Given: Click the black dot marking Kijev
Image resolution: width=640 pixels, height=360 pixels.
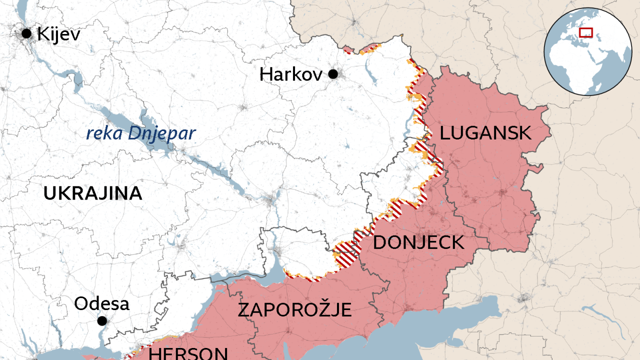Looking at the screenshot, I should point(26,34).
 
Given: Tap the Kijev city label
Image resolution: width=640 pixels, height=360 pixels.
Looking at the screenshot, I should point(58,34).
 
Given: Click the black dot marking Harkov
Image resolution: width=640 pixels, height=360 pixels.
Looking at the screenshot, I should point(333,74).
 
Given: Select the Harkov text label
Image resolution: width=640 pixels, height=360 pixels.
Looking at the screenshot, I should point(291,74).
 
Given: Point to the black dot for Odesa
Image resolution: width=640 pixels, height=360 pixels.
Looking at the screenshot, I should point(102,320).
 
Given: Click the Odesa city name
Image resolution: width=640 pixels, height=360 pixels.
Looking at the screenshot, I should point(101,303).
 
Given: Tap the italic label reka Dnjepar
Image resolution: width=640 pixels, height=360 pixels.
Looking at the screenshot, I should point(140,133).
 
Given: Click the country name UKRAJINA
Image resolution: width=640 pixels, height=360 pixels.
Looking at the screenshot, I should point(92,193).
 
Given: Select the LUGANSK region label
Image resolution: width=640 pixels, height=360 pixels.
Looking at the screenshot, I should point(485,133).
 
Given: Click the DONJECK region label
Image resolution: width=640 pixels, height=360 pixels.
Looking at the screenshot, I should point(418,242).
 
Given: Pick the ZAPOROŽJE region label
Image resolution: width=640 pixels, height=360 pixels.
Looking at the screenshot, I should point(294,310).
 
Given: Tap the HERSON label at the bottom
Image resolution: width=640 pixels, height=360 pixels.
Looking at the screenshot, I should point(188,353).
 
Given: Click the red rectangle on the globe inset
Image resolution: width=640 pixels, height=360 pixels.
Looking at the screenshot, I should point(585,32).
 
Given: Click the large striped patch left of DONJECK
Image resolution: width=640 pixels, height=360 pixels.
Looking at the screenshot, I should point(345,253).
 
